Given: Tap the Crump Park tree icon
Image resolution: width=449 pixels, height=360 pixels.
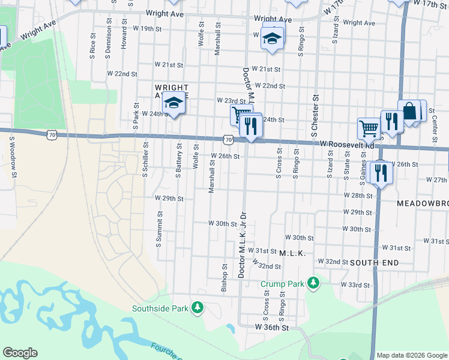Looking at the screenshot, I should pyautogui.click(x=312, y=283).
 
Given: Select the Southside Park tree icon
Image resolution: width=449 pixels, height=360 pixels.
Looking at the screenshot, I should pyautogui.click(x=197, y=308).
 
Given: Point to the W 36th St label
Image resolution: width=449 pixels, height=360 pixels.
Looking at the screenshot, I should pyautogui.click(x=272, y=328).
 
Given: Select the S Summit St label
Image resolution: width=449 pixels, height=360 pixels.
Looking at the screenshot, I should pyautogui.click(x=159, y=229).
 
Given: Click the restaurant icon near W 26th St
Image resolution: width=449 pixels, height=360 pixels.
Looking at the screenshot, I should pyautogui.click(x=381, y=173).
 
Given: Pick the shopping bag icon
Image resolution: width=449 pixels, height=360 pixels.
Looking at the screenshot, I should pyautogui.click(x=409, y=111).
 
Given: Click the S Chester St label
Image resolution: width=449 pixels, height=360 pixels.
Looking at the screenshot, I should pyautogui.click(x=315, y=116).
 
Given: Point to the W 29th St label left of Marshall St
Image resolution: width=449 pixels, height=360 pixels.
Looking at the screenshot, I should pyautogui.click(x=169, y=198).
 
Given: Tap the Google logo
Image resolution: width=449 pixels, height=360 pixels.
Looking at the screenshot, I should pyautogui.click(x=20, y=353).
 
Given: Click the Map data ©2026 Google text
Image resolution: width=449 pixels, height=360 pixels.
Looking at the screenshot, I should pyautogui.click(x=412, y=355).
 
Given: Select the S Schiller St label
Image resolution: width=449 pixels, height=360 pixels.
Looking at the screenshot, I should pyautogui.click(x=145, y=160).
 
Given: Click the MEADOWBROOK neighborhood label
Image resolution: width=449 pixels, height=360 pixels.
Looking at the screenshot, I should pyautogui.click(x=423, y=203).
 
